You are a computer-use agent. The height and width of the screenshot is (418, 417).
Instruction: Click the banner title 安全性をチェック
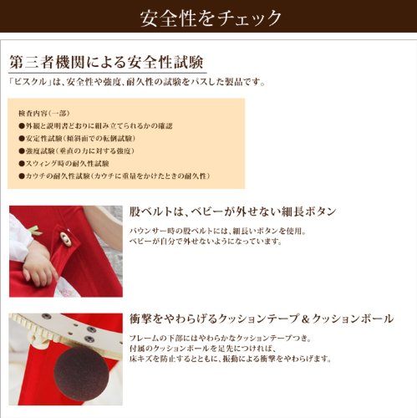coord(211,18)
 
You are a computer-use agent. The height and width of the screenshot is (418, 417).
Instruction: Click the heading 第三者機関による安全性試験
coord(106,62)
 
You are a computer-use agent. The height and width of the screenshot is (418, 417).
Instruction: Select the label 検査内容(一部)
coord(43,114)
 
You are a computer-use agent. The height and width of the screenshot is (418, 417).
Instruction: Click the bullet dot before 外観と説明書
coord(22,126)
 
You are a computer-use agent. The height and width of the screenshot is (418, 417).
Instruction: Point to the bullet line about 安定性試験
coord(77,139)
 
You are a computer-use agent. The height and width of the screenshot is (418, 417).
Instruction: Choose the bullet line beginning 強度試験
coord(76,151)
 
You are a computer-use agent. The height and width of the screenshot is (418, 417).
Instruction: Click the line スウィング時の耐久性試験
coord(64,164)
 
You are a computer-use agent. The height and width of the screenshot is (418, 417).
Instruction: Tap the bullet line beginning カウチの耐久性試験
coord(114,176)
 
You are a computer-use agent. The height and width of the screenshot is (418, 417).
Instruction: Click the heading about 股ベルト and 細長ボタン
coord(232,212)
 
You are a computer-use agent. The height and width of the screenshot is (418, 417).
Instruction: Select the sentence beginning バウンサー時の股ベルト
coord(218,231)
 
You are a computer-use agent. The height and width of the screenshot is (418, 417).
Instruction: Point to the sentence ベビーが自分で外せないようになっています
coord(206,242)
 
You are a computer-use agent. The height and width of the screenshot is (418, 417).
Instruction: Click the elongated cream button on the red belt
coord(66,239)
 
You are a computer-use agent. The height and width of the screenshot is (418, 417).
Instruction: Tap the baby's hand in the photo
coord(39,266)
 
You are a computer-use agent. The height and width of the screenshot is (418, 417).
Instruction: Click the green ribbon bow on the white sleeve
coord(35,231)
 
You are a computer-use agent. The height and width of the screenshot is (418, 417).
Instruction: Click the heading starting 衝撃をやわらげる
coord(262,319)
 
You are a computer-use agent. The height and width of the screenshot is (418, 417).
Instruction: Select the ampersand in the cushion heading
coord(306,319)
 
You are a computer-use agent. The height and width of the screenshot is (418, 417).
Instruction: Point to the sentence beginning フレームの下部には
coord(220,339)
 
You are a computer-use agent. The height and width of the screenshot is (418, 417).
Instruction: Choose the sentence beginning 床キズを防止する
coord(231,359)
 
